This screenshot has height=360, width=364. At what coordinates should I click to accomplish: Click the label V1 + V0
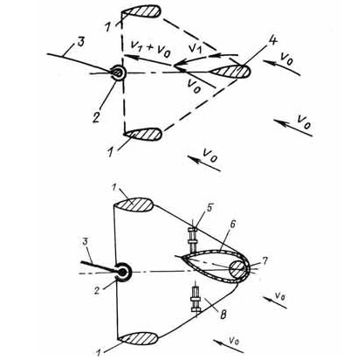[x=150, y=47]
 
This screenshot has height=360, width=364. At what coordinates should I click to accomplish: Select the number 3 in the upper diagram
[x=80, y=42]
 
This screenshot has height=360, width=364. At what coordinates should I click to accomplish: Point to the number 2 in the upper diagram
[x=96, y=116]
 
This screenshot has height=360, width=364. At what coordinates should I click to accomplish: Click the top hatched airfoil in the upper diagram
[x=141, y=12]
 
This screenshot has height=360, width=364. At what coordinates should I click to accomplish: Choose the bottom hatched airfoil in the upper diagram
[x=142, y=135]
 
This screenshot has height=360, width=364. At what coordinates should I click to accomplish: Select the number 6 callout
[x=232, y=224]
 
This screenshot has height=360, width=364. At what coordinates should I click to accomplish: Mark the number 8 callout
[x=223, y=315]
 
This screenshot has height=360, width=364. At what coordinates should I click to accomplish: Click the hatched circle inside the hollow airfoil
[x=237, y=268]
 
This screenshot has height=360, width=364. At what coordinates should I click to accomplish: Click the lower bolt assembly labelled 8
[x=195, y=300]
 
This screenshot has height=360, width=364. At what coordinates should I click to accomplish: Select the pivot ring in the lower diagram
[x=123, y=273]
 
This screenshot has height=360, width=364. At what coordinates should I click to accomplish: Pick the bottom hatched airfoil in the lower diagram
[x=139, y=339]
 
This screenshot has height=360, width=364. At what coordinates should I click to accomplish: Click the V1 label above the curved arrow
[x=195, y=49]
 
